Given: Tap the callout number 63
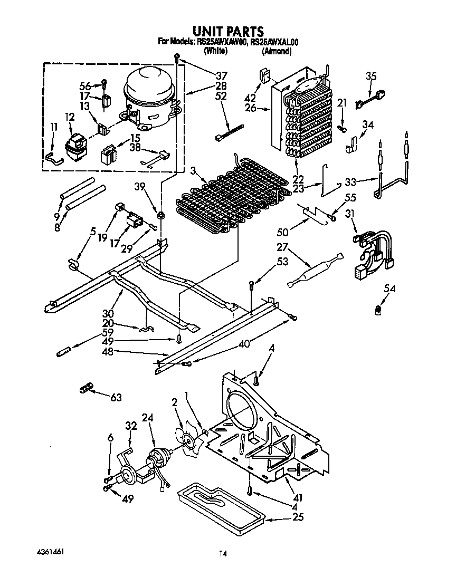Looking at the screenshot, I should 116,397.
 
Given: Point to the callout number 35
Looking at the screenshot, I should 371,76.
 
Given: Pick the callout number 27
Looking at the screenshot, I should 283,246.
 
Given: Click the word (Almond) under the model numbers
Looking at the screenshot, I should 277,51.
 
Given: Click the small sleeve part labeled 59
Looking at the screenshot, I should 63,351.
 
